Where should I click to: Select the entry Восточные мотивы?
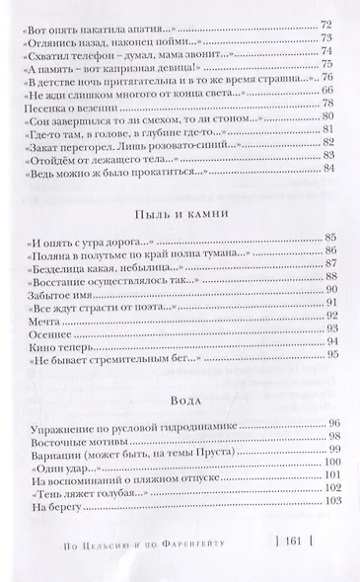66,456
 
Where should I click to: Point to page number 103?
327,533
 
